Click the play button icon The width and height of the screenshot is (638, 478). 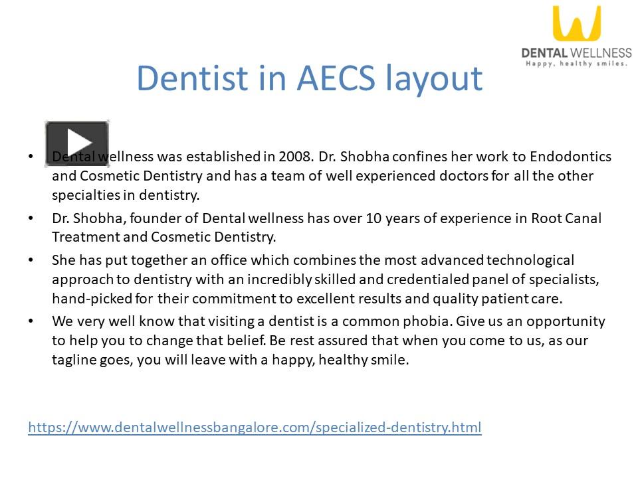click(77, 143)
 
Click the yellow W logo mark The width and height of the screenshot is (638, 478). click(576, 24)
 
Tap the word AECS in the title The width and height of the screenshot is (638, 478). click(338, 78)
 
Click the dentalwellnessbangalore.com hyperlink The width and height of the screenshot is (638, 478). click(255, 427)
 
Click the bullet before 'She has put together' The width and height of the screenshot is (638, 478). click(31, 260)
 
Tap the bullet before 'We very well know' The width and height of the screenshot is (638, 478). click(31, 321)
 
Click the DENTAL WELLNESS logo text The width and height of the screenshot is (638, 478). click(576, 52)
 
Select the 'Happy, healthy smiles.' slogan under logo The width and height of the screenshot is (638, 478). click(576, 64)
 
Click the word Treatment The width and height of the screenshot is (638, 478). click(84, 237)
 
